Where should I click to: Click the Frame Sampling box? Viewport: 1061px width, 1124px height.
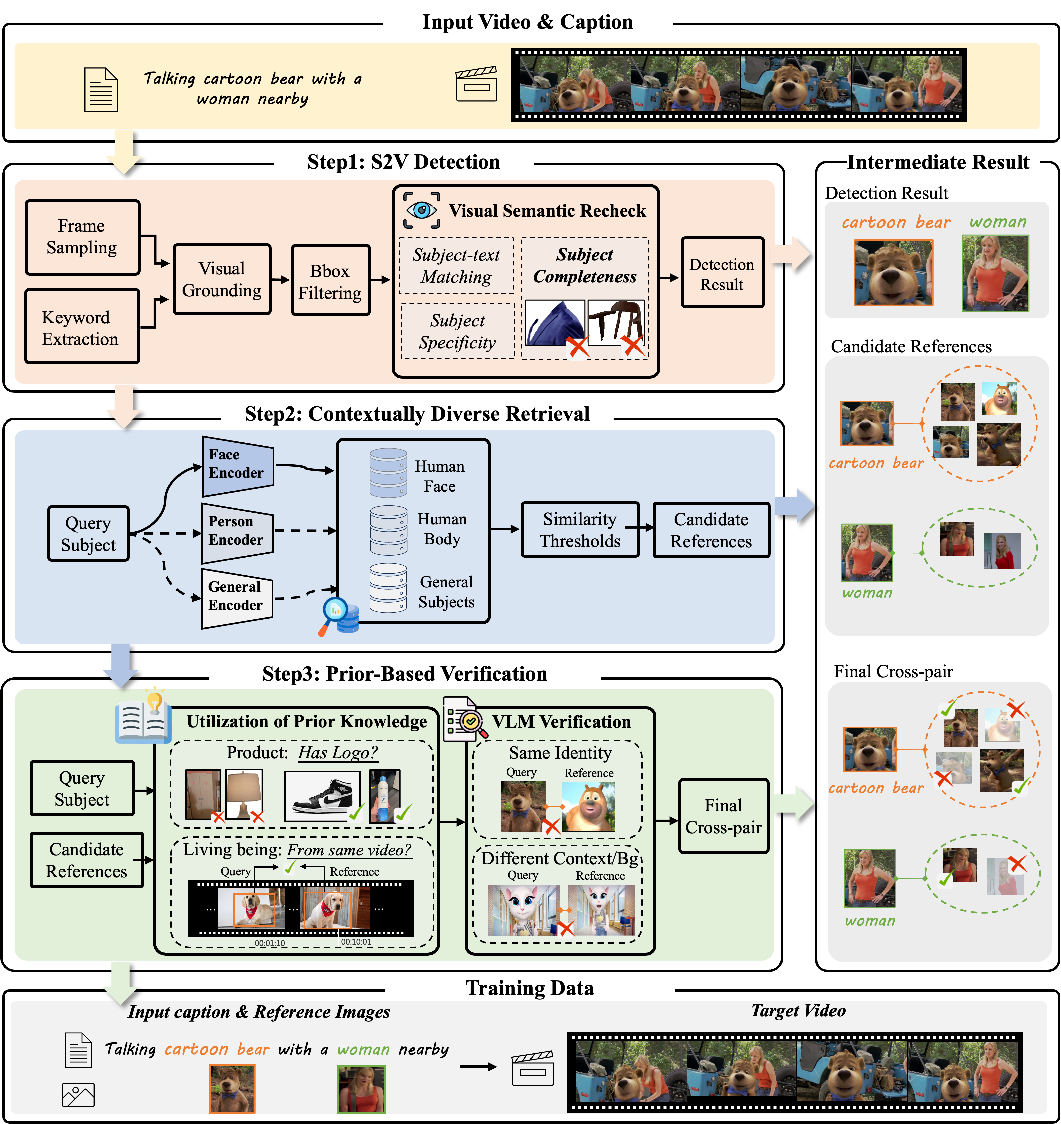point(82,237)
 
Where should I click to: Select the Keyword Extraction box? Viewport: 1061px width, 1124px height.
point(82,326)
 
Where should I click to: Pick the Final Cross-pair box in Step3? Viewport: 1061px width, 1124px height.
point(723,816)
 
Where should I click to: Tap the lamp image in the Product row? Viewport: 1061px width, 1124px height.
point(244,795)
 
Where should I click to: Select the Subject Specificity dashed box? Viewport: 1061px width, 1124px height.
point(457,331)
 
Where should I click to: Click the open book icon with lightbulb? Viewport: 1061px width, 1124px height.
point(143,717)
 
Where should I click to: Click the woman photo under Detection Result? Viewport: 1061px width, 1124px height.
point(995,273)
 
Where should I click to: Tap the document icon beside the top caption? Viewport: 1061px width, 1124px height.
point(101,89)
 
